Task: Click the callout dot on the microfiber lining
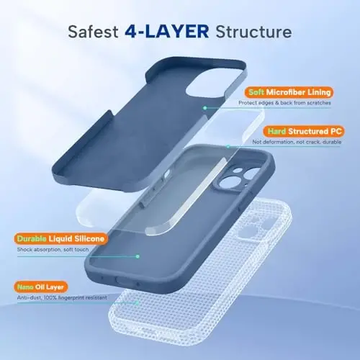coord(204,107)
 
